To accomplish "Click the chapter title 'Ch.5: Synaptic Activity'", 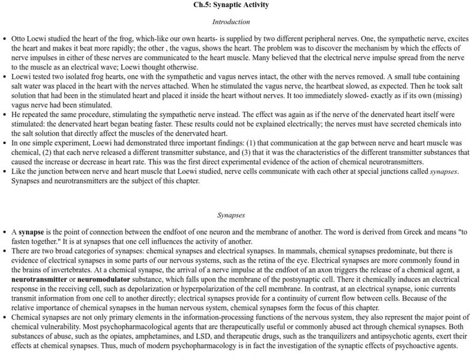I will point(231,5).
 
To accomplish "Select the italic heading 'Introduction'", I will point(231,22).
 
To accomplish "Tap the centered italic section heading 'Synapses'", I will point(231,215).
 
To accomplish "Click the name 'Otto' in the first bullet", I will point(19,38).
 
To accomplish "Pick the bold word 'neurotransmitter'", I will point(39,280).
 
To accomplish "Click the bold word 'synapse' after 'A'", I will point(30,232).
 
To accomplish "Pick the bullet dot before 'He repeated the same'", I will point(5,115).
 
